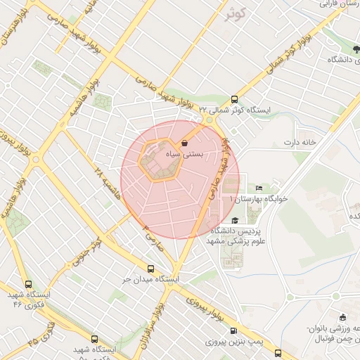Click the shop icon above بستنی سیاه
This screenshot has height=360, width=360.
click(184, 143)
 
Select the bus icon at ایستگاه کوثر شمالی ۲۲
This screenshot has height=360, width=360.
click(234, 99)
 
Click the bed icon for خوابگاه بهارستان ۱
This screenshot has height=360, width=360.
click(259, 188)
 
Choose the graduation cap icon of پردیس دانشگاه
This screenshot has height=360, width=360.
click(234, 220)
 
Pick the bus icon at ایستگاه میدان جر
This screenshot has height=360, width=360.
click(150, 269)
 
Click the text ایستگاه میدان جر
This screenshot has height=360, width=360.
click(150, 279)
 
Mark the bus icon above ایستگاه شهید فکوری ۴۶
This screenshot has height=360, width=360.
click(28, 285)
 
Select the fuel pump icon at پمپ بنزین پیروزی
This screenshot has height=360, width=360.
click(234, 330)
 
